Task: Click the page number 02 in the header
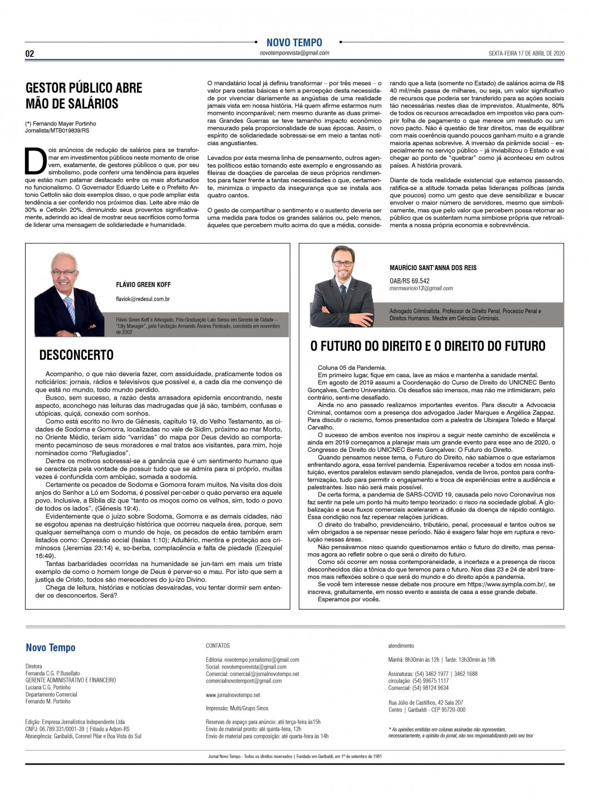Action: [x=30, y=53]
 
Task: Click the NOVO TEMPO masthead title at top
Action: [x=294, y=42]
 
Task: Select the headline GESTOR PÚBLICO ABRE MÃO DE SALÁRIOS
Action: [x=84, y=95]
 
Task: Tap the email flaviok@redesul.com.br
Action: [x=143, y=299]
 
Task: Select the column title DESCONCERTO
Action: [x=76, y=355]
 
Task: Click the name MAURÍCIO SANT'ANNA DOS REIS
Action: [x=433, y=268]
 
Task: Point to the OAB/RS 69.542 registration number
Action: [x=409, y=281]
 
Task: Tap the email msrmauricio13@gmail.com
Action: [x=421, y=289]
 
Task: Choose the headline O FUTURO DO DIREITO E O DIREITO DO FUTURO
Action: [x=428, y=346]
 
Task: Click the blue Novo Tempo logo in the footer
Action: [x=51, y=647]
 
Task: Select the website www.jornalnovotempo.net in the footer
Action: [x=233, y=695]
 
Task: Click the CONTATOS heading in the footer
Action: [x=218, y=646]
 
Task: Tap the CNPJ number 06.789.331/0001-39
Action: [x=55, y=729]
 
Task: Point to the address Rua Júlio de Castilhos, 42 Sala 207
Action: [x=426, y=703]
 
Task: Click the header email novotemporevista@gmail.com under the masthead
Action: [x=294, y=53]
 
